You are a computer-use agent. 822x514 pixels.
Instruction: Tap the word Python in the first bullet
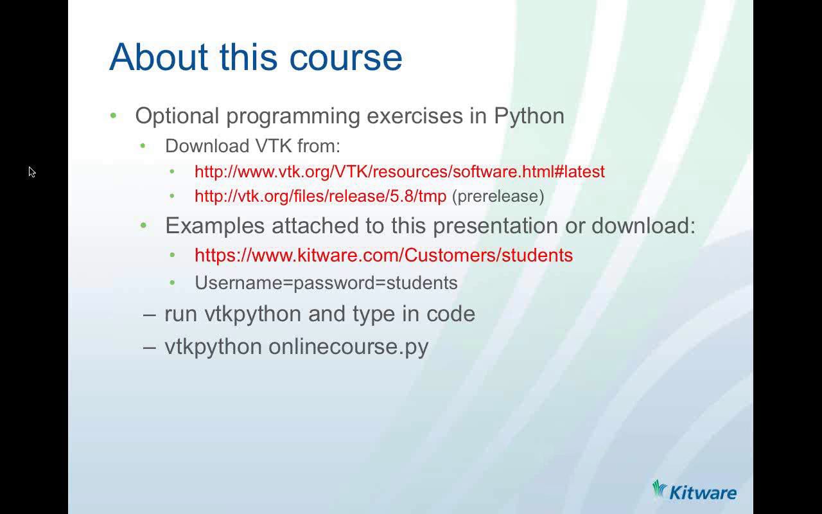[x=529, y=116]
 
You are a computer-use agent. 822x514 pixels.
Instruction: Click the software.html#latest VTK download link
[x=399, y=172]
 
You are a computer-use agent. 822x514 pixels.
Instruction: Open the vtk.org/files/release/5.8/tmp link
[x=320, y=196]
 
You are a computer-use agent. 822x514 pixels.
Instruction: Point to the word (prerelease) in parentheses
[x=498, y=196]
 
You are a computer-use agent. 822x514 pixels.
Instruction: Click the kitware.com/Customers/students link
[x=383, y=255]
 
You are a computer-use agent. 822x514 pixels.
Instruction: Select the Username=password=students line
[x=326, y=283]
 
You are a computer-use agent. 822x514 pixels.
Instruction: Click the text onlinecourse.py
[x=348, y=346]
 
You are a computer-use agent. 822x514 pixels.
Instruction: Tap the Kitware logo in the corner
[x=694, y=492]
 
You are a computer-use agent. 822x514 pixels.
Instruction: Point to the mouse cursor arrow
[x=31, y=172]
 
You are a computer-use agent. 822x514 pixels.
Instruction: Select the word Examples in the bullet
[x=215, y=226]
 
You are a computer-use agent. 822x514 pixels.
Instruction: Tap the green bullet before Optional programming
[x=114, y=116]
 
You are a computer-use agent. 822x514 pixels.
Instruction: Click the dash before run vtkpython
[x=150, y=314]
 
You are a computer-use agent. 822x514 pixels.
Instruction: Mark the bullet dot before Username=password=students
[x=172, y=283]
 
